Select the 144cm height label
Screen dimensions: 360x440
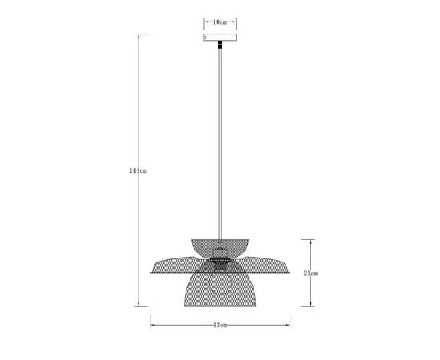[x=139, y=170]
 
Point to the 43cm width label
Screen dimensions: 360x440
[x=220, y=325]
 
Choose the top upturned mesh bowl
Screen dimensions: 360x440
[x=220, y=243]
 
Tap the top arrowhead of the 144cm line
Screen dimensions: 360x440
[x=141, y=35]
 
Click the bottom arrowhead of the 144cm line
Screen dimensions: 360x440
[x=141, y=305]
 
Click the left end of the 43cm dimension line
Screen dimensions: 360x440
[x=151, y=325]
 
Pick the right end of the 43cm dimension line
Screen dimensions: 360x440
[x=290, y=325]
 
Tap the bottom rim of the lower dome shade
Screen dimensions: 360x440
[x=220, y=305]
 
